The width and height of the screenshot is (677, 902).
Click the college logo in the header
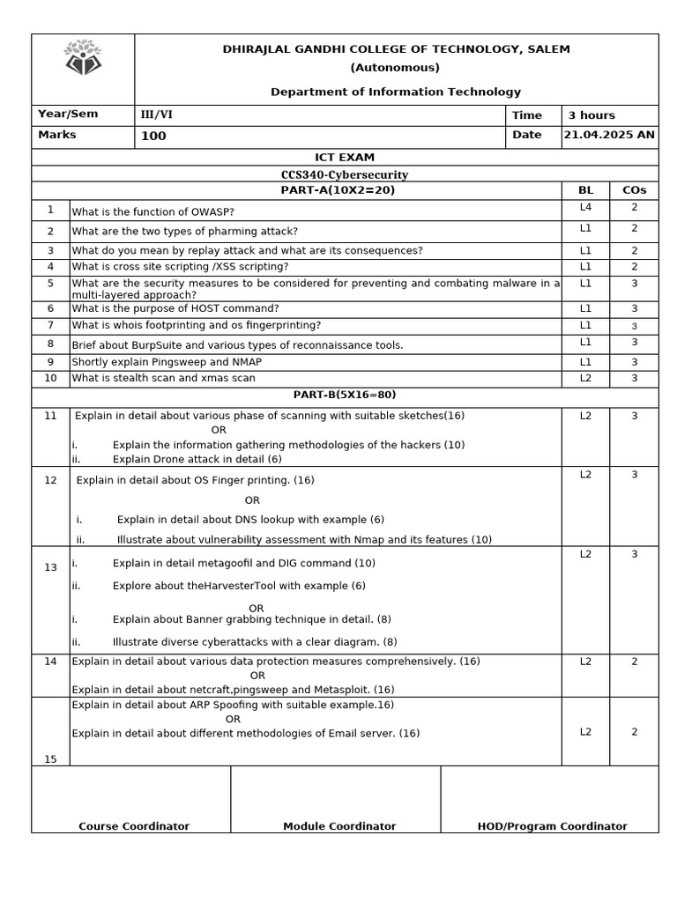pyautogui.click(x=83, y=58)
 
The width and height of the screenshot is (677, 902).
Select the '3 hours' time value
pyautogui.click(x=591, y=115)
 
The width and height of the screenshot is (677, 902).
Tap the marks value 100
pyautogui.click(x=153, y=137)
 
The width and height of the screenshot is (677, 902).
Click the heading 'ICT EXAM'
pyautogui.click(x=345, y=158)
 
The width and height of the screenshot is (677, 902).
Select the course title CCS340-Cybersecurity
pyautogui.click(x=345, y=174)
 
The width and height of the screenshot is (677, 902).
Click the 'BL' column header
pyautogui.click(x=585, y=190)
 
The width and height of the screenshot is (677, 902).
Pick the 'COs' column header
pyautogui.click(x=634, y=190)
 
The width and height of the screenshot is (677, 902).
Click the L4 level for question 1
pyautogui.click(x=585, y=208)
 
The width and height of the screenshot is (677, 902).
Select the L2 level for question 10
pyautogui.click(x=585, y=378)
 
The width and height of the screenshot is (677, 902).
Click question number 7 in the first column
pyautogui.click(x=50, y=326)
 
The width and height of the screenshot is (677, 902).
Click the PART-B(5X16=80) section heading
pyautogui.click(x=345, y=396)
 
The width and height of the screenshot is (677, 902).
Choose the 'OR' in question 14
pyautogui.click(x=257, y=676)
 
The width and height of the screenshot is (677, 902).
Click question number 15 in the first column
pyautogui.click(x=50, y=759)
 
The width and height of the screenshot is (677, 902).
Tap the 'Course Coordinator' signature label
pyautogui.click(x=134, y=826)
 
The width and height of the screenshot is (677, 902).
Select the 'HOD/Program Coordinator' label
pyautogui.click(x=552, y=826)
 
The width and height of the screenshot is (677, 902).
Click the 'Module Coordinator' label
pyautogui.click(x=339, y=826)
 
